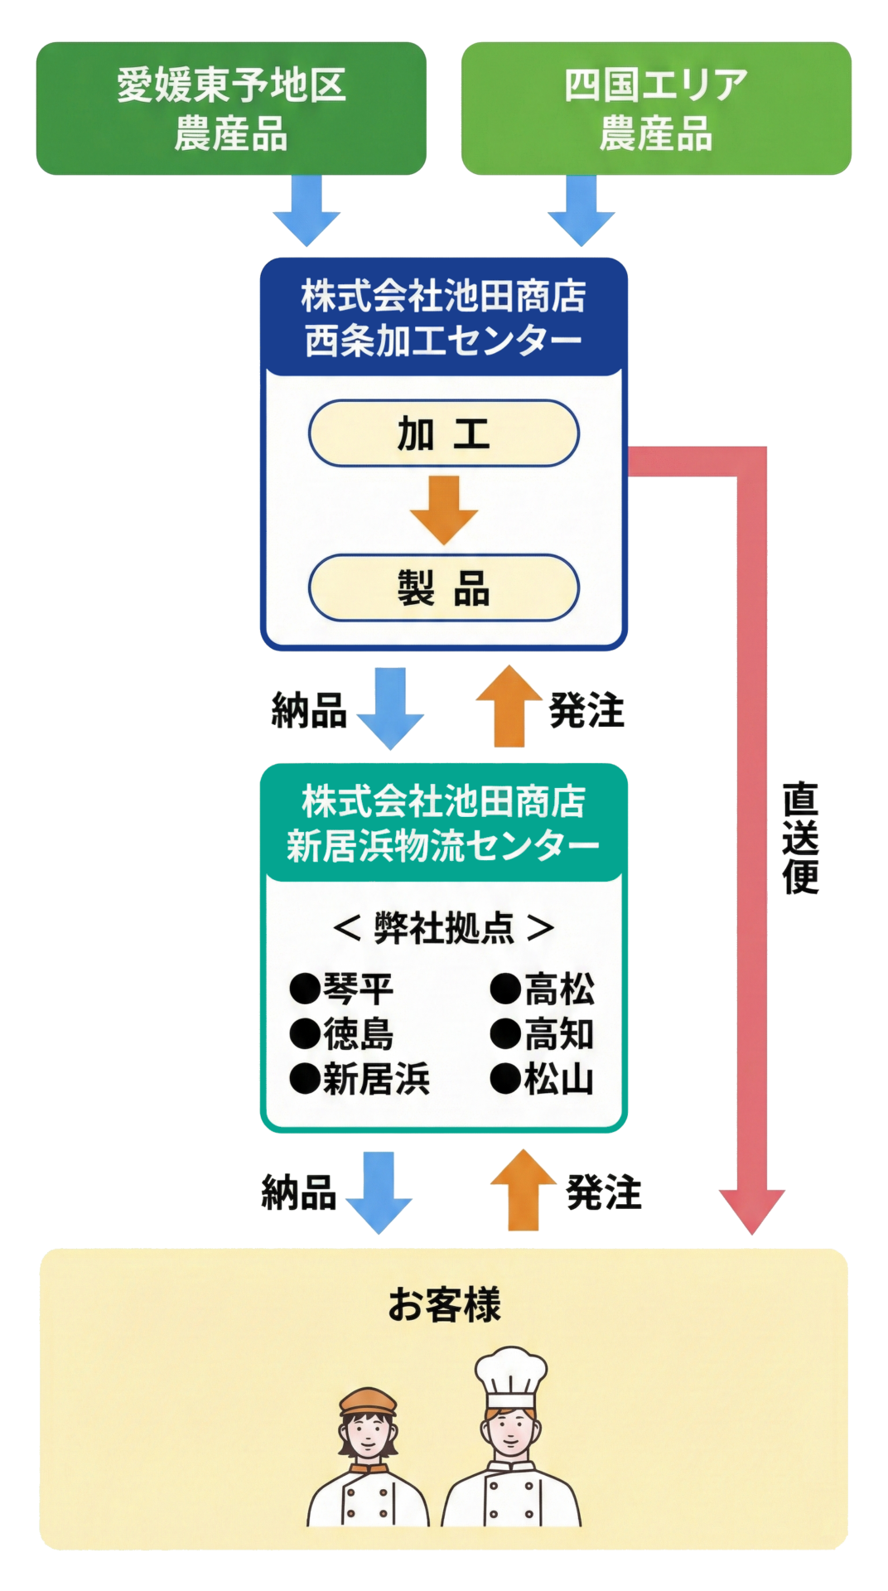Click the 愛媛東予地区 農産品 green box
[x=231, y=109]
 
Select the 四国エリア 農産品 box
[x=655, y=109]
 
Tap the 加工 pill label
[x=443, y=434]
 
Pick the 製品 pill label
[x=443, y=588]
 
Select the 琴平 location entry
[x=342, y=989]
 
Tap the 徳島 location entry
[x=342, y=1034]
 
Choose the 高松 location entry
[x=543, y=989]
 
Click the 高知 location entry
[x=543, y=1034]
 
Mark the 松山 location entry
[x=543, y=1080]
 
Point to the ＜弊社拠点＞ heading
[x=443, y=928]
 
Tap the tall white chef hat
[x=510, y=1376]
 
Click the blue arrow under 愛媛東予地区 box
[x=306, y=211]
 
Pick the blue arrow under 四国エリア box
[x=581, y=211]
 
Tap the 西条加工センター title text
[x=443, y=341]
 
